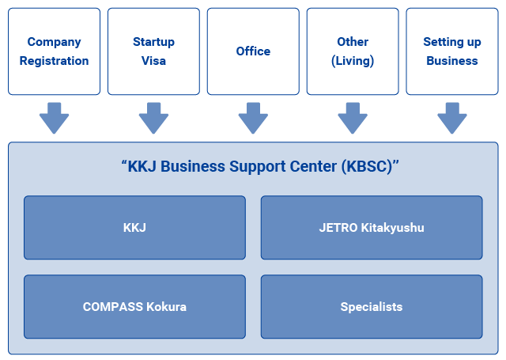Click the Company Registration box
55,51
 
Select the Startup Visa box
153,51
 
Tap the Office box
253,51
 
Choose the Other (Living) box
353,51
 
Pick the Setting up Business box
451,51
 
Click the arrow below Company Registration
55,118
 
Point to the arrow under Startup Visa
153,118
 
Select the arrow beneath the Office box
253,118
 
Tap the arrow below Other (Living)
353,118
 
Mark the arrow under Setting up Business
451,118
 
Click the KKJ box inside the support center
134,228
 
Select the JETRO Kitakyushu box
371,228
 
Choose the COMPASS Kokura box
134,307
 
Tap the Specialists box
371,307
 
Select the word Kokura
166,307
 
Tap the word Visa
153,61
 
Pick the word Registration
55,61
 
